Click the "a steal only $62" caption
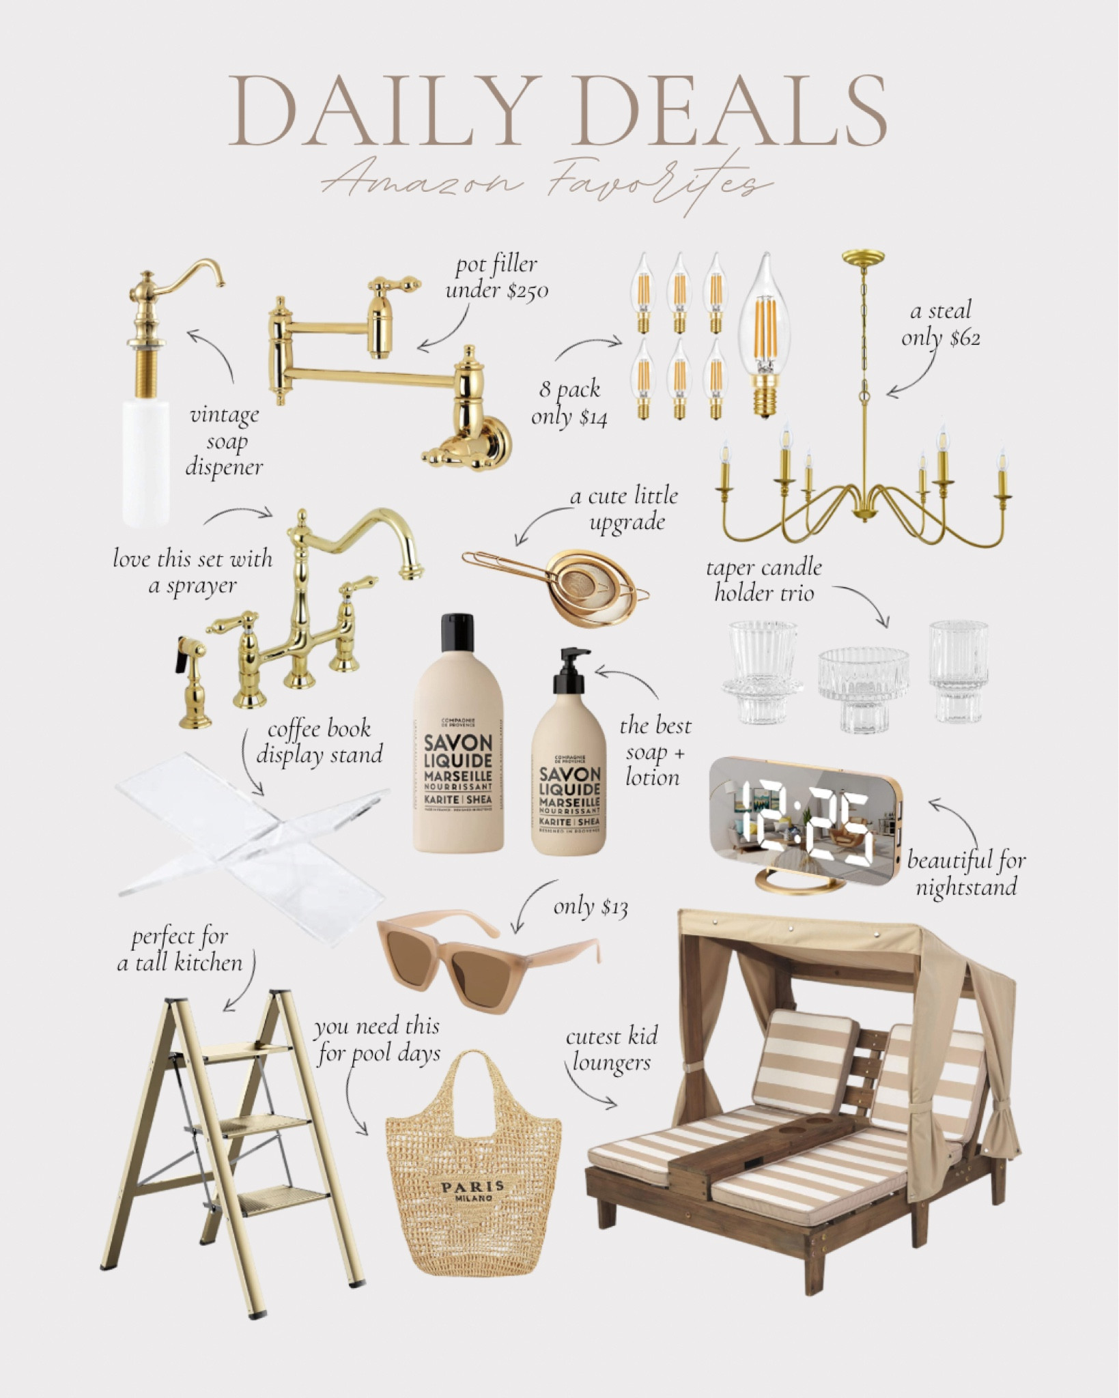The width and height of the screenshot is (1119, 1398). [x=941, y=324]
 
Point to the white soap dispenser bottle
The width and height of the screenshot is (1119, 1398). [x=146, y=461]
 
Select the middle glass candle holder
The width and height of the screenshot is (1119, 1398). [x=864, y=689]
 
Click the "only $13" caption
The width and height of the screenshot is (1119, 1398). [x=591, y=907]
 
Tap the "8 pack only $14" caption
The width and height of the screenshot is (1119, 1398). [x=569, y=403]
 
